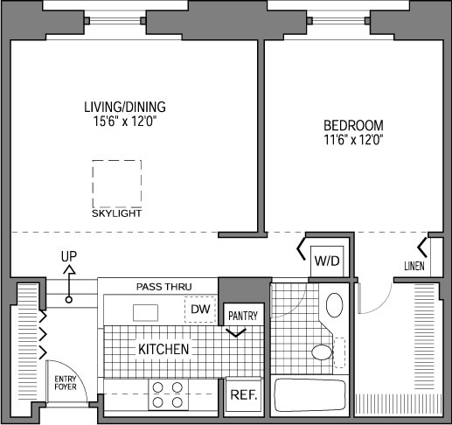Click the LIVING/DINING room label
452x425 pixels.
click(x=125, y=107)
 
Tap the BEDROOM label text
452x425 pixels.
click(x=353, y=126)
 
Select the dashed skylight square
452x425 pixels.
click(x=117, y=160)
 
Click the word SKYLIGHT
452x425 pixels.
click(x=116, y=213)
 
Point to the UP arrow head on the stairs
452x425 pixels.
click(x=69, y=269)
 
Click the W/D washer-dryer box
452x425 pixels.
click(x=327, y=261)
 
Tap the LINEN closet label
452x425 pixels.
click(x=414, y=266)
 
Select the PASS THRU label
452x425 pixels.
click(x=164, y=287)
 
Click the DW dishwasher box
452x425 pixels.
click(x=200, y=310)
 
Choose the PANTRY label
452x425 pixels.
click(x=243, y=316)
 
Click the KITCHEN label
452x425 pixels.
click(x=163, y=349)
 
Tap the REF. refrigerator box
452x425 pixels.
click(x=244, y=394)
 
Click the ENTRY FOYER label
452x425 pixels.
click(x=66, y=383)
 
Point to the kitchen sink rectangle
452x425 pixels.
click(x=145, y=313)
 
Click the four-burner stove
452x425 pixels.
click(x=168, y=394)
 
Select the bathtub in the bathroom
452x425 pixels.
click(x=310, y=395)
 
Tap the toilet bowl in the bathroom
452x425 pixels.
click(x=323, y=352)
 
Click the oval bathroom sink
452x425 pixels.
click(x=334, y=305)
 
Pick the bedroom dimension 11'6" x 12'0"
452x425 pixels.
click(x=353, y=140)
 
